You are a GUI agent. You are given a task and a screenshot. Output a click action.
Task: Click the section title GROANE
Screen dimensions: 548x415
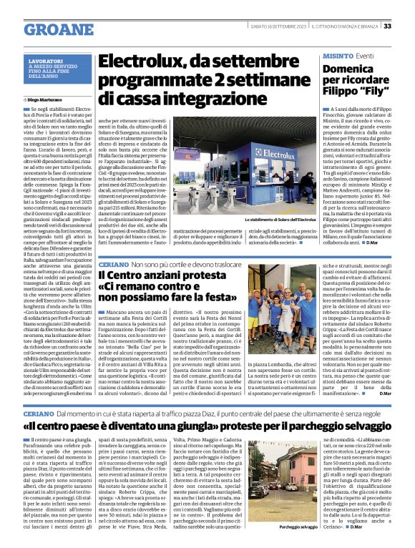coord(54,29)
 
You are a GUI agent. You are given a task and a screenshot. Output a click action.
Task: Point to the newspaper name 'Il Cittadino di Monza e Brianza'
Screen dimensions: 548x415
coord(348,26)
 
